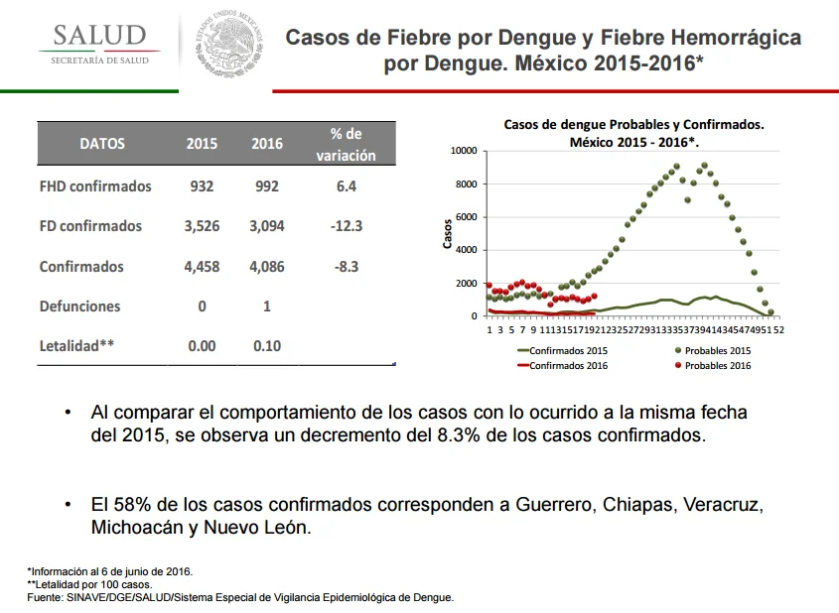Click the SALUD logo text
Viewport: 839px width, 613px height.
click(99, 36)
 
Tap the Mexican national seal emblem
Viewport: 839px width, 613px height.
click(229, 46)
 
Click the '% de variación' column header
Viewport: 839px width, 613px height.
click(346, 144)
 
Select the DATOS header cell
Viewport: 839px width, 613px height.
click(102, 144)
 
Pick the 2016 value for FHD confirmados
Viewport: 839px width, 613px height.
click(266, 186)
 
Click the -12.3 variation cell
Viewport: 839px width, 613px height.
click(347, 226)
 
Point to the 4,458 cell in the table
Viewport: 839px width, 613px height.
click(202, 267)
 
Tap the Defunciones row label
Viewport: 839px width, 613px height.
click(79, 306)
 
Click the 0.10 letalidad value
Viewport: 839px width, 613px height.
click(267, 346)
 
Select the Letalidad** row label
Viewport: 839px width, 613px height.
click(76, 346)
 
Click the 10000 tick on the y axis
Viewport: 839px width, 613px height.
click(464, 151)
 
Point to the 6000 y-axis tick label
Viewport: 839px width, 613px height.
click(467, 217)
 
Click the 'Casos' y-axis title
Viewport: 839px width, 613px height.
click(448, 234)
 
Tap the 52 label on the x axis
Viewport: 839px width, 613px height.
click(778, 329)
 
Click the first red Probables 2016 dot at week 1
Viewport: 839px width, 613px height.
click(489, 286)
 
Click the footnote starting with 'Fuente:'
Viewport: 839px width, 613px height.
click(240, 597)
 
